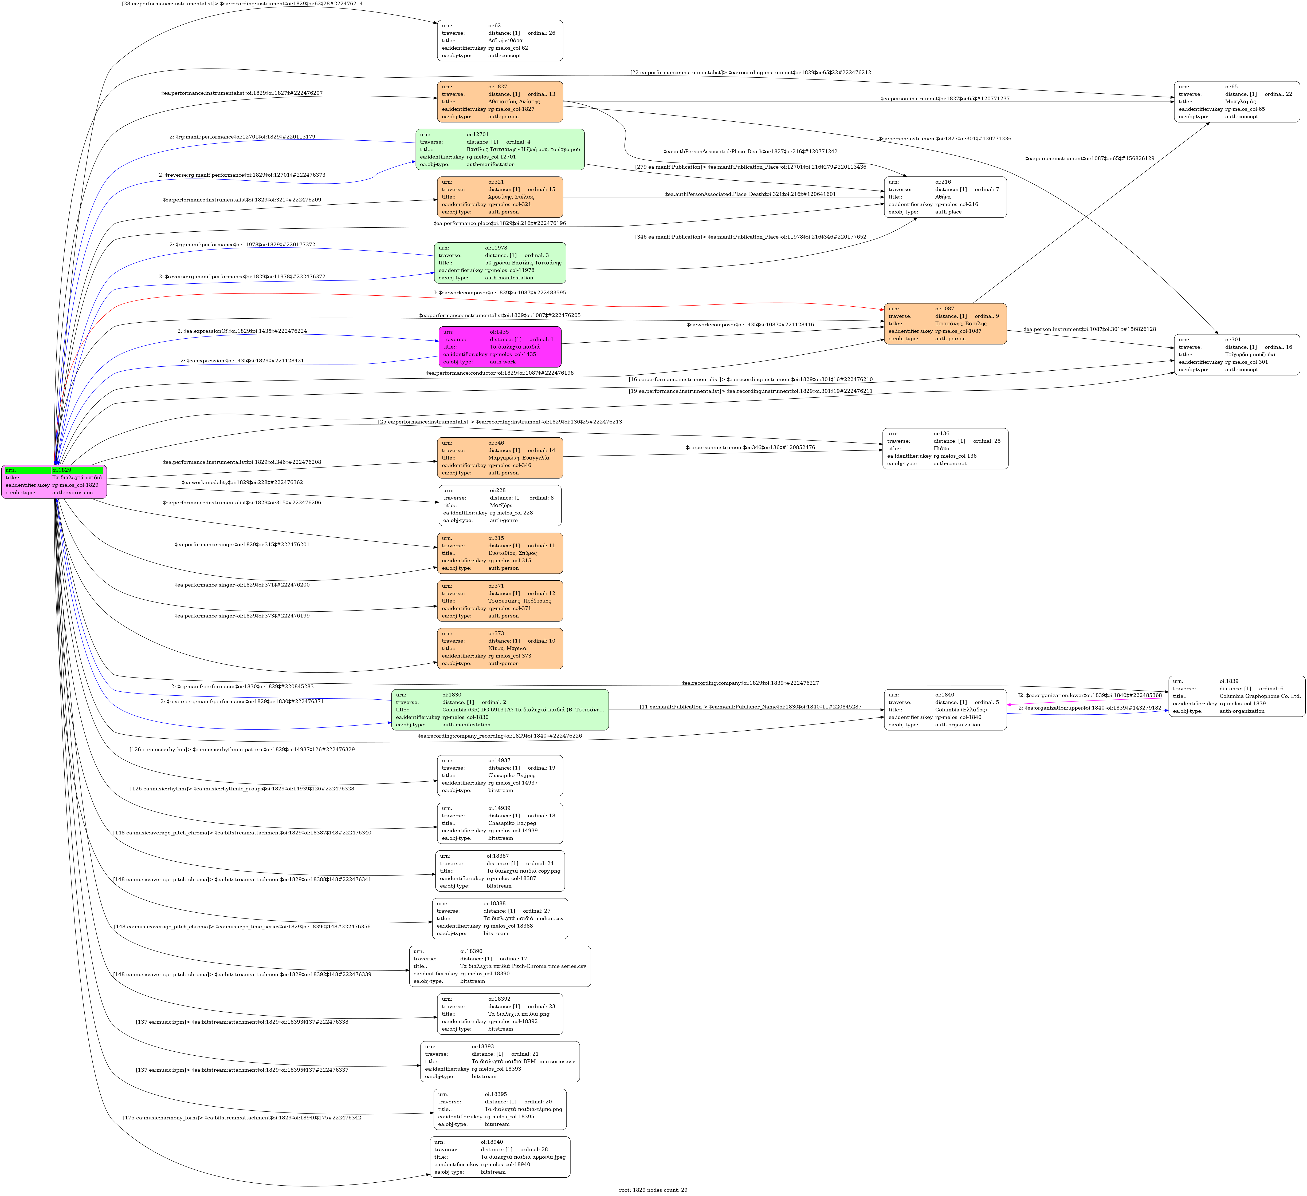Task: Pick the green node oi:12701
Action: point(500,150)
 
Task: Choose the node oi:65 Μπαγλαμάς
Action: point(1236,102)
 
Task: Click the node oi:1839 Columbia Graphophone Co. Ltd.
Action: point(1236,696)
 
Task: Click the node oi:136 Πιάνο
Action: point(945,448)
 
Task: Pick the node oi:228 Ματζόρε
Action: point(500,505)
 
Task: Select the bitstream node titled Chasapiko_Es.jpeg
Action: point(500,775)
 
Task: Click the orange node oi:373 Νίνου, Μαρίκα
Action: point(500,648)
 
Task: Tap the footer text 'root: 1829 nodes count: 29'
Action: point(653,1190)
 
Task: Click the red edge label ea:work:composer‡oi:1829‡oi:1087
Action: point(500,293)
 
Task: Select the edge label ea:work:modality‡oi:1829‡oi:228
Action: point(242,483)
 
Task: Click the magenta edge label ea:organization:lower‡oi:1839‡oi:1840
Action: point(1089,695)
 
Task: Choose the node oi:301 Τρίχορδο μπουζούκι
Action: point(1236,354)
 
